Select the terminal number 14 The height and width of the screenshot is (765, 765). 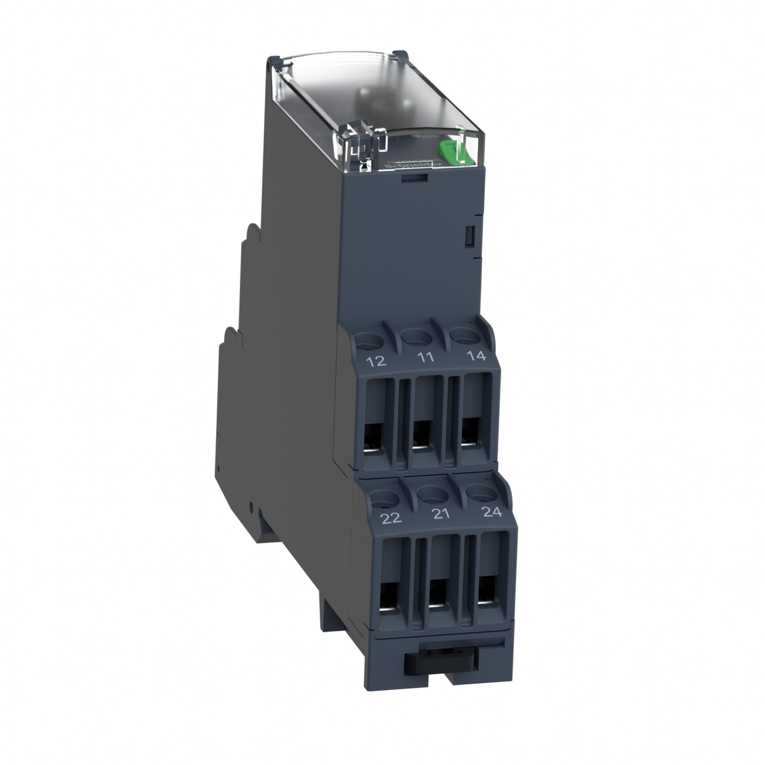tap(476, 355)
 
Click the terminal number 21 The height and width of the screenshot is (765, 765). tap(441, 514)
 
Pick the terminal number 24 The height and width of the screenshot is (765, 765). tap(492, 512)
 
